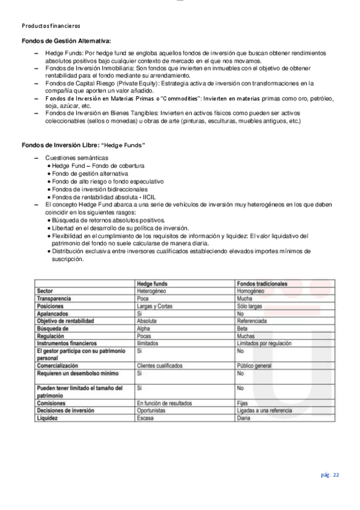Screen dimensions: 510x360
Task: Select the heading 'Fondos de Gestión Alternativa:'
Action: point(66,40)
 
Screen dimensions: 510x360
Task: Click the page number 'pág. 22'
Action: point(330,475)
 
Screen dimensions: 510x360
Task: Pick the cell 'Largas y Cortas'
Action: point(156,306)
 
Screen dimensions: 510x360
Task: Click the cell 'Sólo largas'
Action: point(252,306)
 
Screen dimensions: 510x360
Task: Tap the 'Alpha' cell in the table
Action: point(144,329)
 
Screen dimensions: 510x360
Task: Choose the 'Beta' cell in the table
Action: point(243,329)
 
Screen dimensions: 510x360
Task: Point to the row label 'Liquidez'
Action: point(49,417)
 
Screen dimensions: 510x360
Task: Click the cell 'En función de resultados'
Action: point(164,403)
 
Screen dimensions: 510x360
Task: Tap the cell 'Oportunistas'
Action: point(153,410)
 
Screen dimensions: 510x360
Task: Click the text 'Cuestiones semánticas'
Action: point(73,158)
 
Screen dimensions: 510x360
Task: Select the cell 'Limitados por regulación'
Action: point(264,343)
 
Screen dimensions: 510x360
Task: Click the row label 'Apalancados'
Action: point(53,314)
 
